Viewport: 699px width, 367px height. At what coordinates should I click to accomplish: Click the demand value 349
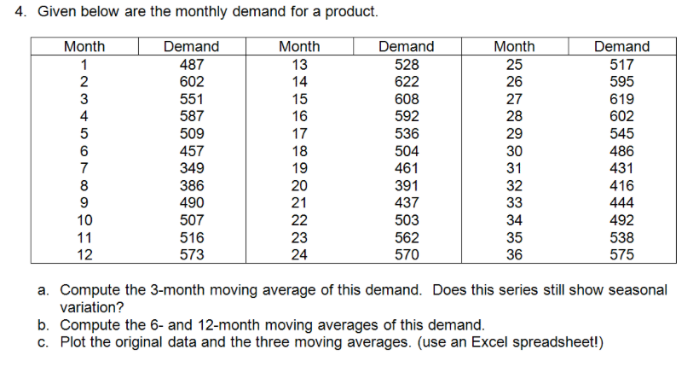191,168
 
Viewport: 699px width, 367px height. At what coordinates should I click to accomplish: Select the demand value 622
406,82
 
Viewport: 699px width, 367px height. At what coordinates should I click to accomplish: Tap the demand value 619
621,99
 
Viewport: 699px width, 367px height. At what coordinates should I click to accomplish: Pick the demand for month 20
406,185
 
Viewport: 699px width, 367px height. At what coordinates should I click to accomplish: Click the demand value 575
621,253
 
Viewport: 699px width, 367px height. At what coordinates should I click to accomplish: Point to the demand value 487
191,65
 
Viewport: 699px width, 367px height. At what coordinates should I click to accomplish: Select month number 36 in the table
514,253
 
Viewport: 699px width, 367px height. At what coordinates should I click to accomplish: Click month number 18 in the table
299,151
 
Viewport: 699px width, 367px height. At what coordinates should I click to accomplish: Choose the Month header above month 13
299,47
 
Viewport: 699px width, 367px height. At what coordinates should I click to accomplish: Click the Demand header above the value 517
621,47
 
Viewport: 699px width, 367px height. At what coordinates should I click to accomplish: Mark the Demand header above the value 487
191,47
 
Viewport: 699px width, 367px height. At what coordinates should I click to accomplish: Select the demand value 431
621,168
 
